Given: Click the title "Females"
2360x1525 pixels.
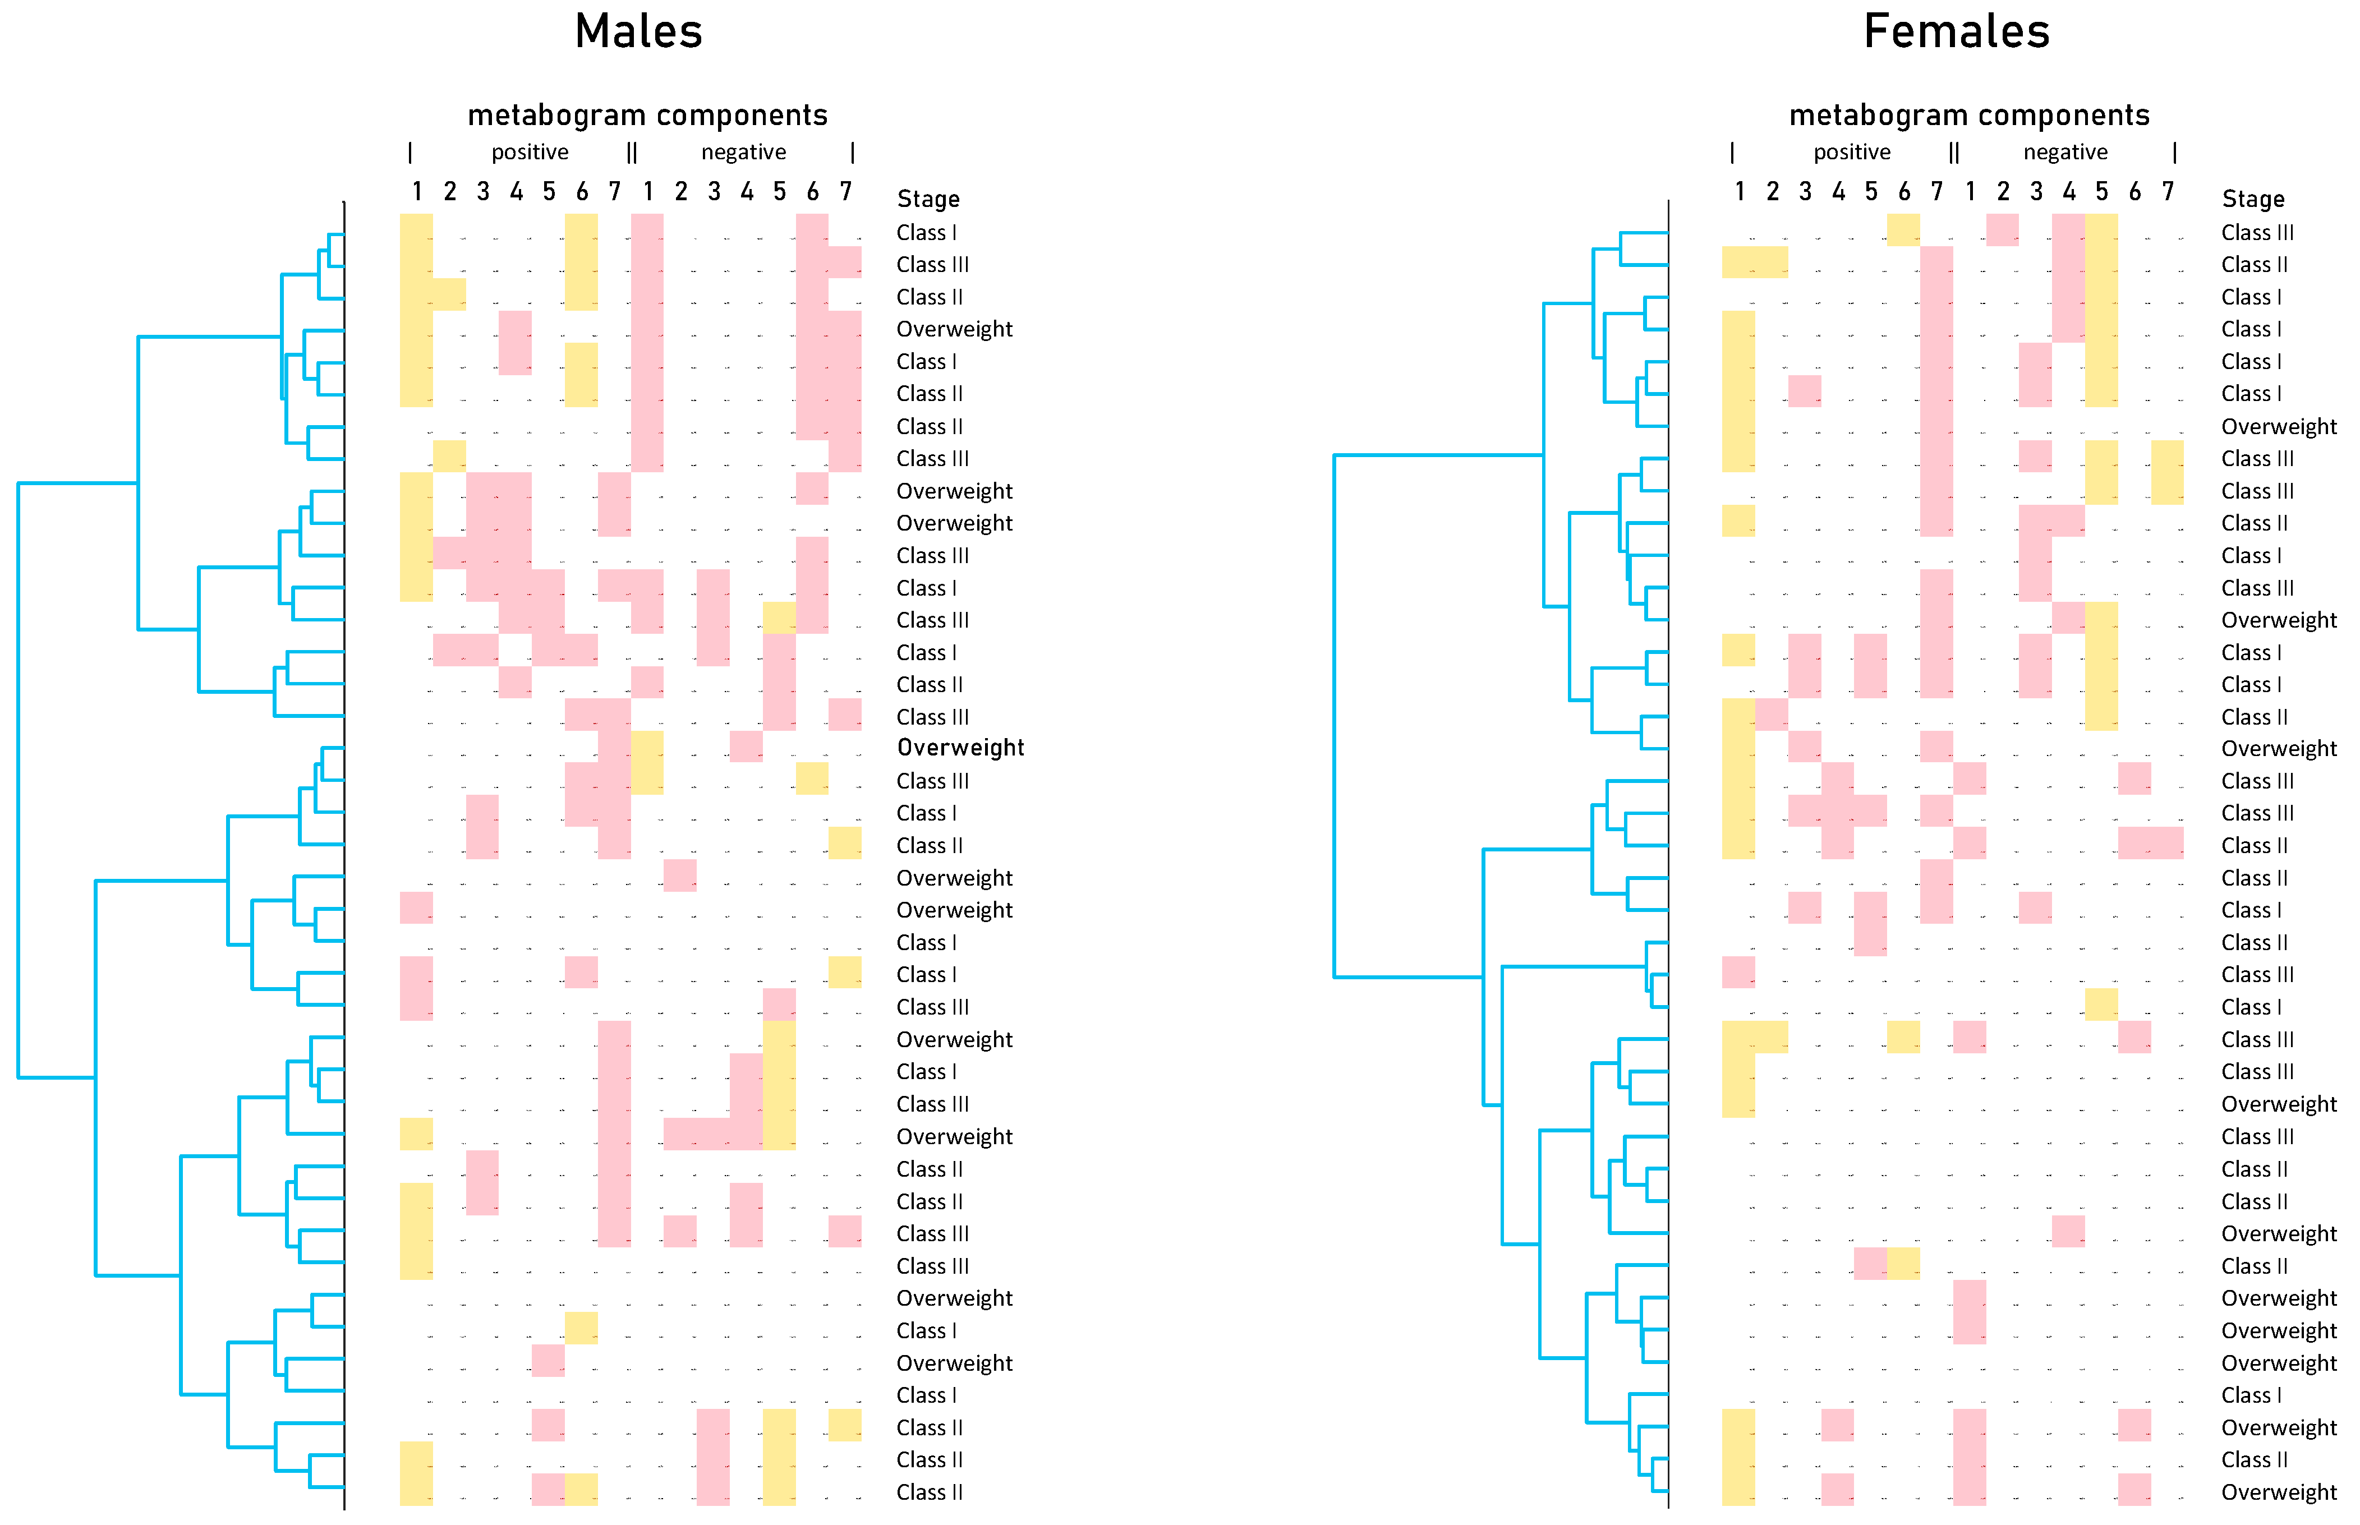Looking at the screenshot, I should pyautogui.click(x=1956, y=31).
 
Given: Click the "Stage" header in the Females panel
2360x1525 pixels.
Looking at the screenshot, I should pyautogui.click(x=2252, y=199).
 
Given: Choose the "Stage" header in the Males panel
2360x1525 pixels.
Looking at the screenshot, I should pyautogui.click(x=928, y=199).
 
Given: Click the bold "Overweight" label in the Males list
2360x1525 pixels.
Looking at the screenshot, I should pyautogui.click(x=960, y=748).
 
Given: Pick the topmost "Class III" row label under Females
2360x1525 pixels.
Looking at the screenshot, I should pyautogui.click(x=2256, y=233).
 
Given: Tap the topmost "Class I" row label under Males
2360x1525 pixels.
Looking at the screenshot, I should pyautogui.click(x=926, y=233).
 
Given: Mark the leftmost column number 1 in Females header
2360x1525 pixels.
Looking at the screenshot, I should pyautogui.click(x=1739, y=191).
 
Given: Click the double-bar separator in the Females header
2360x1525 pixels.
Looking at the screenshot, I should pyautogui.click(x=1953, y=153).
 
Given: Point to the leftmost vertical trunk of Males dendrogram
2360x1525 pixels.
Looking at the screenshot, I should pyautogui.click(x=19, y=780).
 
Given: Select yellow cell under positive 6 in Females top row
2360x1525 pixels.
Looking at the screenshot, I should pyautogui.click(x=1902, y=230).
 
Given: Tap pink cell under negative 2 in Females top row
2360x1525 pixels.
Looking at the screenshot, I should pyautogui.click(x=2002, y=230).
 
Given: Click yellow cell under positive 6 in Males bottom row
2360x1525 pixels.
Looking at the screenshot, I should pyautogui.click(x=581, y=1489).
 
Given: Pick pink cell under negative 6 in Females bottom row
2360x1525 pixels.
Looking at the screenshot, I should pyautogui.click(x=2134, y=1489).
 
